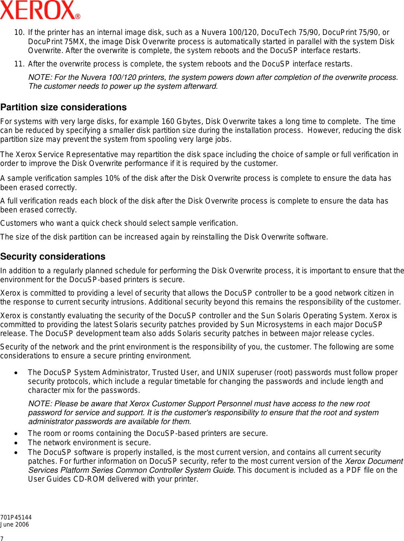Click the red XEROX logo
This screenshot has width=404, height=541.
(40, 10)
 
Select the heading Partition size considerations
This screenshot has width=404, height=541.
(64, 107)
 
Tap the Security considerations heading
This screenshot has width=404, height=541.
(53, 257)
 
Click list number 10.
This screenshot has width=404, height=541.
(19, 33)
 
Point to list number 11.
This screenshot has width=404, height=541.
(19, 64)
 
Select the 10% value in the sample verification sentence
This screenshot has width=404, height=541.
(112, 179)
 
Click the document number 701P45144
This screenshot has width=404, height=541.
(16, 517)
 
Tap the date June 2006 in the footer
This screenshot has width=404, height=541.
(15, 525)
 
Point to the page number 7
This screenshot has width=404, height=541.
(2, 538)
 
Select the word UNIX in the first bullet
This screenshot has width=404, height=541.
(225, 372)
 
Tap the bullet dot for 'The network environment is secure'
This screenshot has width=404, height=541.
(16, 443)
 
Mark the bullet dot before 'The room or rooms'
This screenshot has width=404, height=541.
(16, 434)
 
